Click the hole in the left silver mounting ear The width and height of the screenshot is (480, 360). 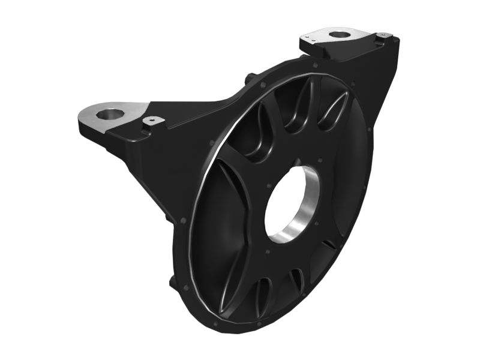coord(110,113)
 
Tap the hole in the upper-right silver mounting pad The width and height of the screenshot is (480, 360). coord(340,35)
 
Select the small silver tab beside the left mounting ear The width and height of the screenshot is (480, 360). coord(154,121)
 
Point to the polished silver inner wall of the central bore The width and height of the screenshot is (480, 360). coord(303,213)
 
